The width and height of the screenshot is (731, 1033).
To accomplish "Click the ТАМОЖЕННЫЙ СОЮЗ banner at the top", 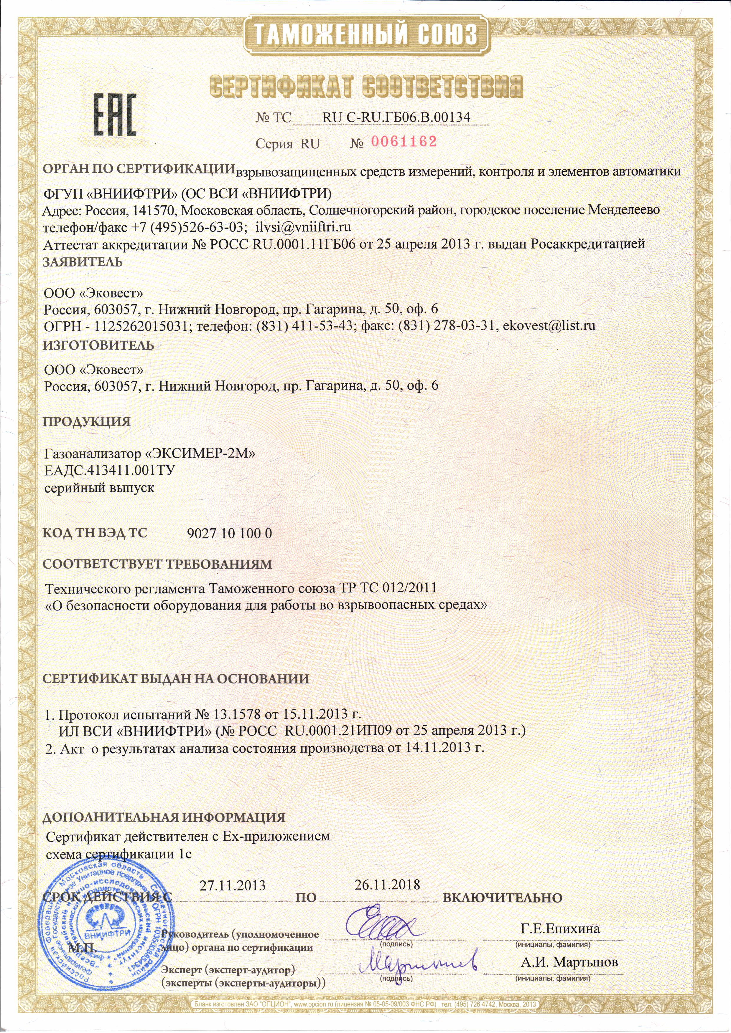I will coord(366,35).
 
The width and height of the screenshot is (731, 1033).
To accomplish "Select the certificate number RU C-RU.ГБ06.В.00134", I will coord(396,117).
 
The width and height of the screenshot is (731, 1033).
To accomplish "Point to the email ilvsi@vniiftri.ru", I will coord(303,226).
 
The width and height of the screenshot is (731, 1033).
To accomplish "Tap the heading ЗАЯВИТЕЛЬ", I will coord(83,262).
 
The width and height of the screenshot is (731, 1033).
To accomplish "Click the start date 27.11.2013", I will coord(232,885).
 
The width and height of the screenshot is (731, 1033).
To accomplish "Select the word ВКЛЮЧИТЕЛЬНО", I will coord(503,898).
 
